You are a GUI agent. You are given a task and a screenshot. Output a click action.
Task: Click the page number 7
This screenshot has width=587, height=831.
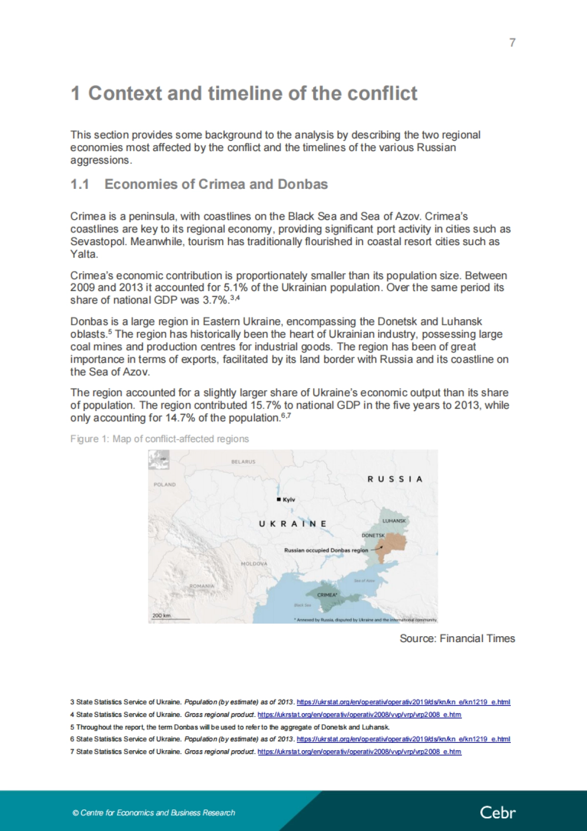coord(512,43)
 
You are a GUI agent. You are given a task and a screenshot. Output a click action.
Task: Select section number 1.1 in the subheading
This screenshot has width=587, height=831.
coord(80,185)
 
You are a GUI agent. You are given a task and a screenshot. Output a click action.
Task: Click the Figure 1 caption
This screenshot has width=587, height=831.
coord(159,439)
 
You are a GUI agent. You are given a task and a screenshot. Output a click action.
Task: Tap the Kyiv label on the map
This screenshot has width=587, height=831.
coord(289,500)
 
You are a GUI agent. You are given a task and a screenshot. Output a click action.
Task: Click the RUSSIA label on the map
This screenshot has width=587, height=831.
coord(395,479)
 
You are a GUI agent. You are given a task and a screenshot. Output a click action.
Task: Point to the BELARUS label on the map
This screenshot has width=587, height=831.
coord(243,462)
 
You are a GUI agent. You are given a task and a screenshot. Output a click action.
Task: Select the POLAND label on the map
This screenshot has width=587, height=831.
coord(164,485)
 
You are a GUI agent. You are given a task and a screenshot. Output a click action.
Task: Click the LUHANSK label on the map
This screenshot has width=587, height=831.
coord(394,521)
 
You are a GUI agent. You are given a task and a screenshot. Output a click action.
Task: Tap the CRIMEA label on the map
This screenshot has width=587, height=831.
coord(327,595)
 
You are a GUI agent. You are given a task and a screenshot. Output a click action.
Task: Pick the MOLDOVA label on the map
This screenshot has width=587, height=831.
coord(254,564)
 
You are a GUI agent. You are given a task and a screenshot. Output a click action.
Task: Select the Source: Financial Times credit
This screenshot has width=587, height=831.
coord(457,639)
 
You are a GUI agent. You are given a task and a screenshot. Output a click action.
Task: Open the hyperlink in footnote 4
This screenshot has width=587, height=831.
coord(359,715)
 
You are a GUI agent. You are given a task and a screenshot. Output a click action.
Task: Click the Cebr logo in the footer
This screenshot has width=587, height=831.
coord(497,813)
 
